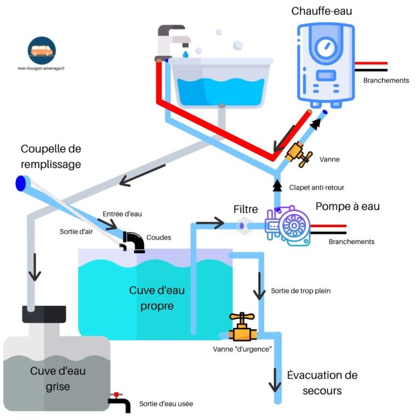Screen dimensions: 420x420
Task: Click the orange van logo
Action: pyautogui.click(x=42, y=50)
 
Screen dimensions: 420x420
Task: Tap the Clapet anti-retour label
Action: pyautogui.click(x=317, y=188)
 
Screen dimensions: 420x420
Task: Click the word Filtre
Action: pyautogui.click(x=246, y=209)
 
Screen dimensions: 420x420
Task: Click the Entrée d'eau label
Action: pyautogui.click(x=122, y=214)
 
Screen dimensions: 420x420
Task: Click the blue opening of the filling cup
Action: pyautogui.click(x=21, y=183)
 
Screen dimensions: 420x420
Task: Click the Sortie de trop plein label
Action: pyautogui.click(x=300, y=291)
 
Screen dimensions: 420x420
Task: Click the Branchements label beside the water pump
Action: pyautogui.click(x=351, y=242)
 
